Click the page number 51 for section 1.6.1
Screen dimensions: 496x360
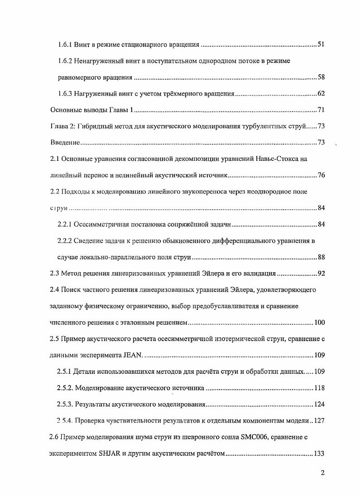(321, 45)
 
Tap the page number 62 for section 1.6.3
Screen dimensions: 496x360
(321, 94)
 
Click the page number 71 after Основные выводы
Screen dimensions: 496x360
(321, 110)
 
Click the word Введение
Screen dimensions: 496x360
(65, 143)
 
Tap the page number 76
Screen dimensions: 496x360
(321, 175)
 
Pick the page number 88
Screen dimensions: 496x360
(321, 257)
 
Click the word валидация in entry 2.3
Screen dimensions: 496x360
(260, 274)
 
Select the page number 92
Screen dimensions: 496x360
(321, 274)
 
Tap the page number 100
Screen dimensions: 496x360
(320, 323)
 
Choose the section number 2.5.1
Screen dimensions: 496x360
(66, 371)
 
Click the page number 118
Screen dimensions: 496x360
(320, 388)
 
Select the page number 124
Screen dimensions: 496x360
(320, 404)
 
